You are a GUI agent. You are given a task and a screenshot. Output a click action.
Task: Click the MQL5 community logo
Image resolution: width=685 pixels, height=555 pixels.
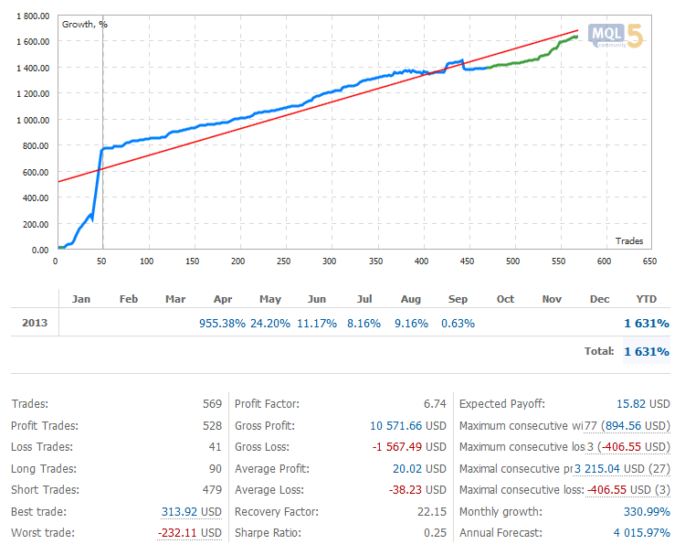pos(617,36)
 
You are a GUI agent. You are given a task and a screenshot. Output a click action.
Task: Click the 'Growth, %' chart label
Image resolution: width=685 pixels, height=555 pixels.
pos(84,24)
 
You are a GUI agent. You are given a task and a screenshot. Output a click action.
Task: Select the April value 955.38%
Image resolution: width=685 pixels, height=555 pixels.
pos(222,324)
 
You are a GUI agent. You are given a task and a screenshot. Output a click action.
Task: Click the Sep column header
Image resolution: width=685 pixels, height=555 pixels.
pos(458,299)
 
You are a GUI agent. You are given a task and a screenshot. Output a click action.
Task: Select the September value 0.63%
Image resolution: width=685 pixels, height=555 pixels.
pos(457,324)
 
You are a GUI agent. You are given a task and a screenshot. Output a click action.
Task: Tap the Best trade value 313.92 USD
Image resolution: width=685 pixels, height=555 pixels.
pos(191,512)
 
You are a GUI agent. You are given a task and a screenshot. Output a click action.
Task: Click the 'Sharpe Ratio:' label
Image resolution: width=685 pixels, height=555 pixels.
pos(269,533)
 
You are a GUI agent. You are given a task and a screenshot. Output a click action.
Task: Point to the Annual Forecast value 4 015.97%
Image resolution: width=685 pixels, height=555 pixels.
pos(637,533)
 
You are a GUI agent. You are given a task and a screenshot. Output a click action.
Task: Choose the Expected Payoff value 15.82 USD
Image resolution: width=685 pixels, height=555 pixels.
pos(641,403)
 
